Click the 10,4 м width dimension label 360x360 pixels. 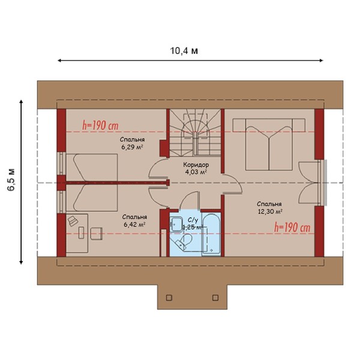click(184, 51)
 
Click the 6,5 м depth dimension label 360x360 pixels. click(11, 179)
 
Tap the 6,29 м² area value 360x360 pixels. click(133, 147)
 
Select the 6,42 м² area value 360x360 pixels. click(135, 224)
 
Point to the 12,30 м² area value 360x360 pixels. click(270, 211)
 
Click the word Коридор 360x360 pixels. click(196, 164)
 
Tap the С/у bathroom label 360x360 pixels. click(193, 220)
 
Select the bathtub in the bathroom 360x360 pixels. click(211, 235)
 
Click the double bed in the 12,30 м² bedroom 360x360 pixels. click(269, 144)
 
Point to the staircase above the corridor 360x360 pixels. click(195, 133)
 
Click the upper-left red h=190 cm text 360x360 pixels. click(100, 125)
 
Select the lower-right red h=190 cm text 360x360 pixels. click(292, 228)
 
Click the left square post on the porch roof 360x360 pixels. click(169, 298)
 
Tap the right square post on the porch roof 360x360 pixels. click(215, 298)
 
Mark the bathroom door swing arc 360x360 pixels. click(187, 197)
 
